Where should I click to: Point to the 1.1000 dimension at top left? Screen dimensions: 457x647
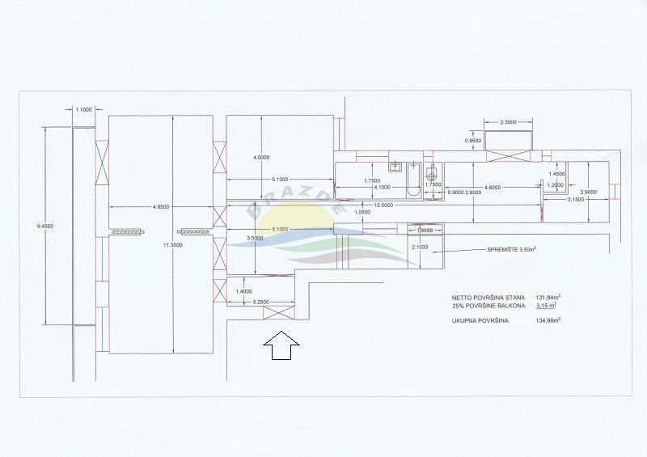click(83, 109)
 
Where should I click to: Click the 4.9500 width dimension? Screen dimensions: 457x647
click(160, 208)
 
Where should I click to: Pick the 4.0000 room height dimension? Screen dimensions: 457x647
click(262, 157)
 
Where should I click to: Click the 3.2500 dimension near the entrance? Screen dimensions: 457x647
click(260, 303)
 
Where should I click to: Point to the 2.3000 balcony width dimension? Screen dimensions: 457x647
click(509, 122)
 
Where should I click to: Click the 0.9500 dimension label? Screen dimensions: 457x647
click(473, 141)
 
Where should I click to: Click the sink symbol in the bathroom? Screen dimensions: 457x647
click(396, 167)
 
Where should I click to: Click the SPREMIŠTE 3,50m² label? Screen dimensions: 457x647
click(510, 250)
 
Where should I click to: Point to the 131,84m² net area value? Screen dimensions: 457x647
click(549, 297)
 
